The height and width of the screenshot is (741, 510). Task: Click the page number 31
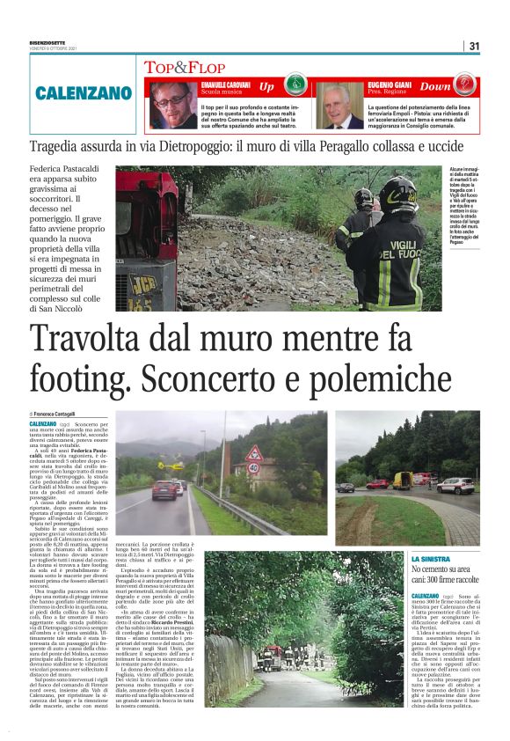(474, 46)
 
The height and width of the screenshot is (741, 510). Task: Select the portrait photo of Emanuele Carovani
(169, 105)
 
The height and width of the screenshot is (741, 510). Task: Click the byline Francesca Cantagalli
(55, 414)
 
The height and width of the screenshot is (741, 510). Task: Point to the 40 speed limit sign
(254, 466)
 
